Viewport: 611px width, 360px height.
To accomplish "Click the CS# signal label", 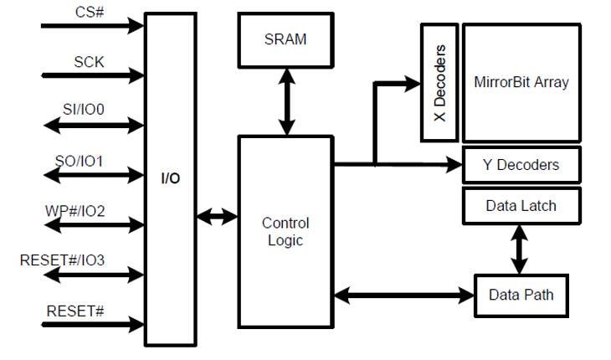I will point(89,13).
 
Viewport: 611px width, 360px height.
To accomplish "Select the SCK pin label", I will point(90,61).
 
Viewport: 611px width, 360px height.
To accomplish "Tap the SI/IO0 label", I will point(90,110).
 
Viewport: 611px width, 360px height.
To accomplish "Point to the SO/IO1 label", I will point(89,160).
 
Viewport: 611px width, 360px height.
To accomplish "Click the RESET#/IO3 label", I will point(62,260).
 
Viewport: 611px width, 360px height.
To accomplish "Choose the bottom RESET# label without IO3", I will point(75,311).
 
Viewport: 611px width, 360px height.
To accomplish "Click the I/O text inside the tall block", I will point(170,178).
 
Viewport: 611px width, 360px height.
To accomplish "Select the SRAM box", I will point(286,39).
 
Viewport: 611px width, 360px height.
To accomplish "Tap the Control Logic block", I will point(286,231).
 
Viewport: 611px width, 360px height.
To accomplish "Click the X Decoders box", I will point(439,82).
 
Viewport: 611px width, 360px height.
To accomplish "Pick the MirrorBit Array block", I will point(521,82).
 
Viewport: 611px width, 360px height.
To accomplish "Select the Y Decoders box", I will point(521,165).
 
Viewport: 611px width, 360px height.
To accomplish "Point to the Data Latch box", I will point(521,205).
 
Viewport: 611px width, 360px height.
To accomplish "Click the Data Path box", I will point(521,295).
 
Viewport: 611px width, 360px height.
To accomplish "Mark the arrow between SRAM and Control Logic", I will point(286,101).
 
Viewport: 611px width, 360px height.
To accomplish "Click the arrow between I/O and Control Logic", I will point(217,216).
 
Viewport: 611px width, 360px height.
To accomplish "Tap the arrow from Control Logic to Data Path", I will point(404,294).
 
